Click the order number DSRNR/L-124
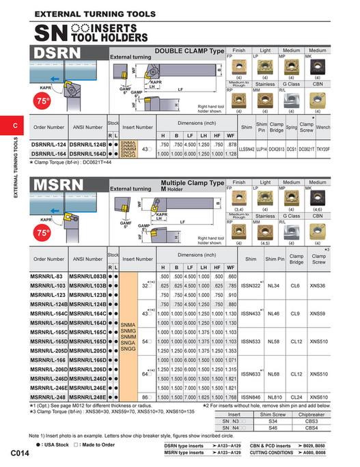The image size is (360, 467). point(49,145)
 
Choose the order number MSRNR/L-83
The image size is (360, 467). point(47,276)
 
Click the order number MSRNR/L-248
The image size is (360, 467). point(49,397)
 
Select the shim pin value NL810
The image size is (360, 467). point(275,397)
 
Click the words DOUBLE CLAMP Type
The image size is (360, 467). point(189,51)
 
